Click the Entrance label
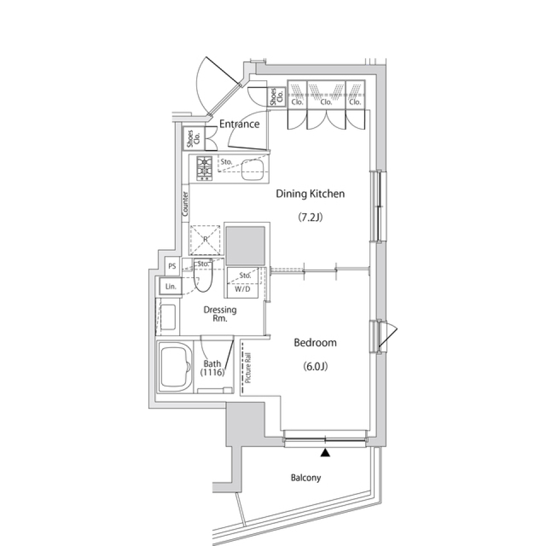pos(239,124)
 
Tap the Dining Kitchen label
pos(310,194)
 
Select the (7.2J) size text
pos(310,217)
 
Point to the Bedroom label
pos(315,343)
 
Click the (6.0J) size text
pos(315,366)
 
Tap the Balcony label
pos(306,478)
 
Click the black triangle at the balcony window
pos(325,453)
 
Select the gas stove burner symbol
pos(205,168)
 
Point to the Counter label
pos(185,203)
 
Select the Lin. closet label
pos(169,287)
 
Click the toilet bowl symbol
pos(203,276)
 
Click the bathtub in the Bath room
pos(175,367)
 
